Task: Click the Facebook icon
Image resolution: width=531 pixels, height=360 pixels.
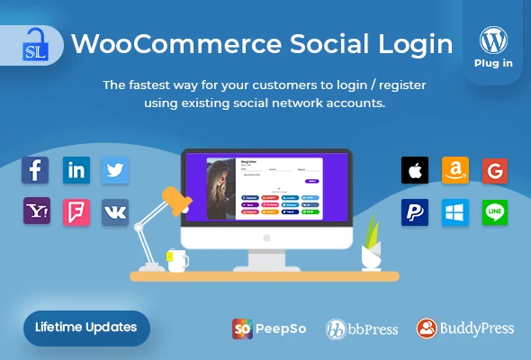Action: (37, 170)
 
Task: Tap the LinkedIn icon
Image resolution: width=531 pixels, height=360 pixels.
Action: (76, 170)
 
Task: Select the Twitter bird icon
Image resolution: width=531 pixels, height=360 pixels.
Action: (115, 170)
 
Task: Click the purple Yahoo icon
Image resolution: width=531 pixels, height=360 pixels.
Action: (37, 211)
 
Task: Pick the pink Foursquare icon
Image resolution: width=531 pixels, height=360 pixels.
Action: (76, 211)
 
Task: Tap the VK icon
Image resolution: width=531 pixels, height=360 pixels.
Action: (115, 211)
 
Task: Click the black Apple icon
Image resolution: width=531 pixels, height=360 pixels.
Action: (415, 170)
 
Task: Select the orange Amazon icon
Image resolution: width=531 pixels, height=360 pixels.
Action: (455, 170)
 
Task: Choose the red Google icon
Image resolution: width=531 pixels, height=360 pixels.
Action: (495, 170)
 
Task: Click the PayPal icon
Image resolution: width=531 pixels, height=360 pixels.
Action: (415, 212)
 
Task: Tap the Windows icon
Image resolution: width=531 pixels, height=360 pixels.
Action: (455, 212)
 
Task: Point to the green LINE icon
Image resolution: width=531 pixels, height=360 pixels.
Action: (495, 212)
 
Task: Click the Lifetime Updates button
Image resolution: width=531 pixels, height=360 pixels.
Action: (86, 327)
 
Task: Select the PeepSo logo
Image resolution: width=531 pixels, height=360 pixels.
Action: (269, 328)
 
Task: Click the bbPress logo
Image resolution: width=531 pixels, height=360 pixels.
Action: (361, 328)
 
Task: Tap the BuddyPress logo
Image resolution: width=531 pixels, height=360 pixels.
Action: (464, 328)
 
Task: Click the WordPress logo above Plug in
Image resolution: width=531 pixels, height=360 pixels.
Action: (492, 40)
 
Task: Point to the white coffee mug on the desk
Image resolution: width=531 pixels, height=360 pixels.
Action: (177, 260)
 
